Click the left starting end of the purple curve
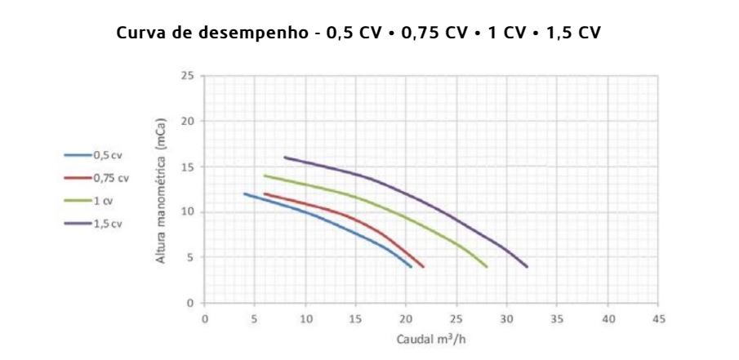click(x=285, y=157)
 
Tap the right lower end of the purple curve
click(x=527, y=266)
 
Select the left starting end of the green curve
click(x=265, y=176)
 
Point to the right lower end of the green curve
click(x=487, y=266)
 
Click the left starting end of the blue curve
click(x=245, y=193)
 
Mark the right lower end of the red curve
click(x=423, y=266)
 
